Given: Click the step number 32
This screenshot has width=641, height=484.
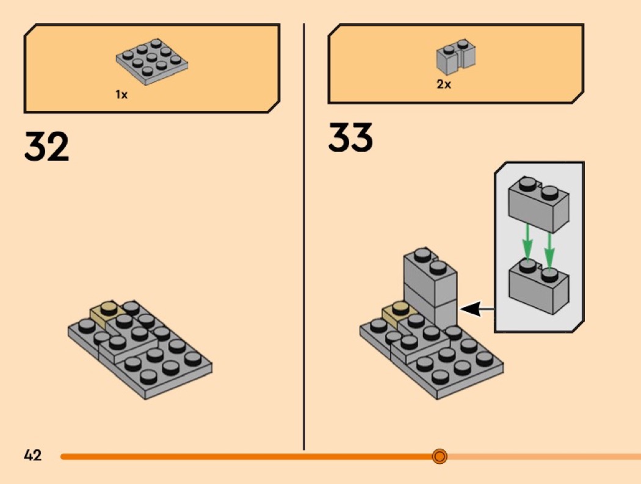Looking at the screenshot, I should (x=46, y=146).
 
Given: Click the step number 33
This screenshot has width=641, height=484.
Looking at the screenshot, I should (x=350, y=138).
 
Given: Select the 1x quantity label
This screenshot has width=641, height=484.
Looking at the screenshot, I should (x=121, y=95).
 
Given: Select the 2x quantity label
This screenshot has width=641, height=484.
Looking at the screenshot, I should (x=444, y=85).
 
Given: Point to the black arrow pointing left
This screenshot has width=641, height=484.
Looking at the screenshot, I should (x=477, y=310).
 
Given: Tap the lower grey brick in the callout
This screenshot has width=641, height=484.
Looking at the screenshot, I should (x=538, y=287).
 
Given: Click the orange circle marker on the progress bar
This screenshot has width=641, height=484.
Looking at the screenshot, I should (x=439, y=456).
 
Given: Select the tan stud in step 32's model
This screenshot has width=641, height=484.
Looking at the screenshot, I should (x=109, y=309).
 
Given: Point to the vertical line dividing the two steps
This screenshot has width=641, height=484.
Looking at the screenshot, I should (x=304, y=244).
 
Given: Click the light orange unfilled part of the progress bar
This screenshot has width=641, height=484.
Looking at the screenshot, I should (x=543, y=456).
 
